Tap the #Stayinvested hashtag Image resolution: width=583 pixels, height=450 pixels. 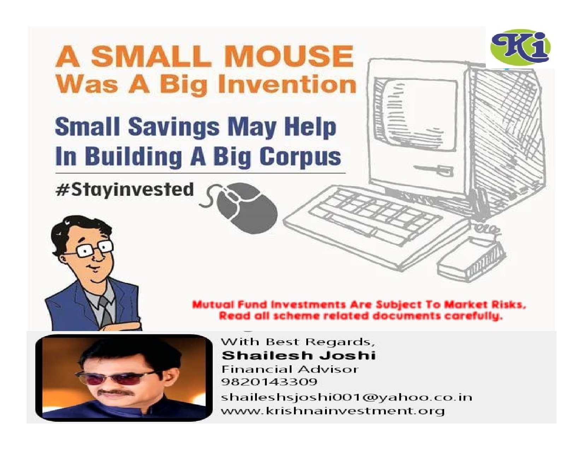point(124,190)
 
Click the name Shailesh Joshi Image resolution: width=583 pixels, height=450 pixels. point(299,355)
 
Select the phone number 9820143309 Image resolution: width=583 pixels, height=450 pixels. point(269,382)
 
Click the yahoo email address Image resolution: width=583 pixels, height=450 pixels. point(346,397)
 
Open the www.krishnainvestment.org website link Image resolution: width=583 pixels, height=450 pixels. point(333,411)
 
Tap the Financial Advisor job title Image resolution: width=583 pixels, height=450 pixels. point(290,369)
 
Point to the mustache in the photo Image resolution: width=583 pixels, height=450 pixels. point(115,393)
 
